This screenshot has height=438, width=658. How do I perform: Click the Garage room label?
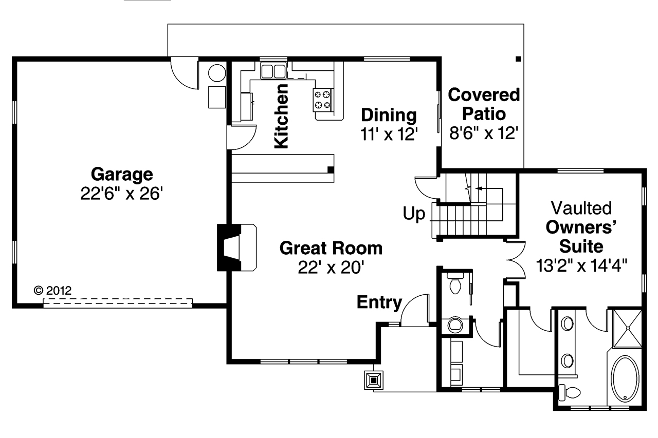[122, 175]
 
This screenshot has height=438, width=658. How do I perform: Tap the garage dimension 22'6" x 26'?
[122, 194]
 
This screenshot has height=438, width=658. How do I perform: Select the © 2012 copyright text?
[52, 290]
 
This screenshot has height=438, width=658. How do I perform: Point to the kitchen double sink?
[273, 70]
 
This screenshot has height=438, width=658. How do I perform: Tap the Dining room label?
[389, 115]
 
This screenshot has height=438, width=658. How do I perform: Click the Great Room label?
[331, 248]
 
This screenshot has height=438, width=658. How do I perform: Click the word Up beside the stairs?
[414, 214]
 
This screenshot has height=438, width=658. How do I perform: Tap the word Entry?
[379, 302]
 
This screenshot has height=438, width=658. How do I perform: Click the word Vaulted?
[581, 208]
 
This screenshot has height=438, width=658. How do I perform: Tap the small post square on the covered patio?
[518, 59]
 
